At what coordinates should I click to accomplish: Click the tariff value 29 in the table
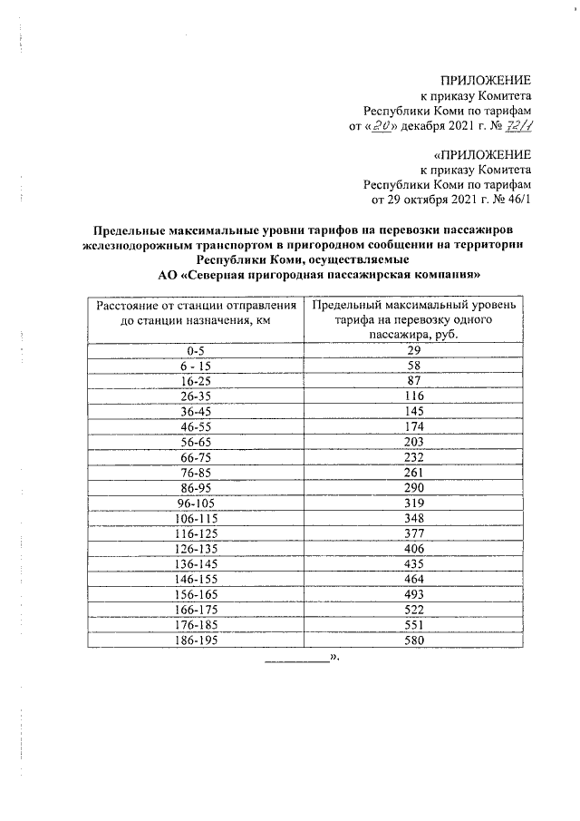coord(414,350)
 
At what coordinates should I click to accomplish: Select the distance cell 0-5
coord(197,350)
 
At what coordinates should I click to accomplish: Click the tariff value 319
coord(414,503)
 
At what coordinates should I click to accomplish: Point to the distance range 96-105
coord(197,503)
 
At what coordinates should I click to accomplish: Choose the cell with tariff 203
coord(414,442)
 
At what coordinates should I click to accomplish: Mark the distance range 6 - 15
coord(197,366)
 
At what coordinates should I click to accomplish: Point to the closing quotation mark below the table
coord(334,661)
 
